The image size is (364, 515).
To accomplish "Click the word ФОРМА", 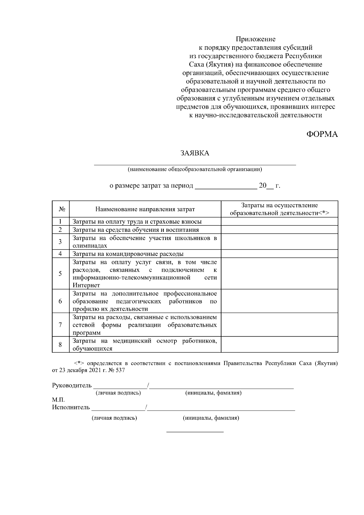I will click(x=322, y=134).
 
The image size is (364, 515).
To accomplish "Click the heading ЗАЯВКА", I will click(x=195, y=153).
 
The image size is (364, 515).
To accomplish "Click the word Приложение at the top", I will click(x=256, y=39).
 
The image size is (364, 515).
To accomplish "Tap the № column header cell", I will click(x=61, y=209).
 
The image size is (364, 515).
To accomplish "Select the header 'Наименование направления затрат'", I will click(x=145, y=209).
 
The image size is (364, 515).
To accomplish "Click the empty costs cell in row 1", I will click(x=279, y=222).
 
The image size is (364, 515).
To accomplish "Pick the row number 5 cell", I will click(x=60, y=273).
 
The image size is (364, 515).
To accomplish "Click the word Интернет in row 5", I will click(x=86, y=285).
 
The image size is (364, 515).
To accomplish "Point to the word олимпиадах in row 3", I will click(x=90, y=246).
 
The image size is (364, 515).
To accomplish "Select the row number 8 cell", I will click(x=60, y=344).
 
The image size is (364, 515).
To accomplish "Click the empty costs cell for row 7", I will click(x=279, y=325).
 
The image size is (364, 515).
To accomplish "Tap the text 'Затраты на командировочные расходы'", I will click(x=128, y=254).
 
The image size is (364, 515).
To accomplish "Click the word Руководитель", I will click(x=72, y=386).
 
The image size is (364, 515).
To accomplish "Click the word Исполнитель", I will click(x=71, y=407).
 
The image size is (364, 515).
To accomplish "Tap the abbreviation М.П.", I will click(x=58, y=400).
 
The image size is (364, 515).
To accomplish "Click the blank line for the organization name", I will click(x=195, y=164).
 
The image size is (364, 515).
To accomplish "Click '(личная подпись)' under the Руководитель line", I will click(x=118, y=393).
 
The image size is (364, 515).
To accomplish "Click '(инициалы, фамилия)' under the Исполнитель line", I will click(x=211, y=418).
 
